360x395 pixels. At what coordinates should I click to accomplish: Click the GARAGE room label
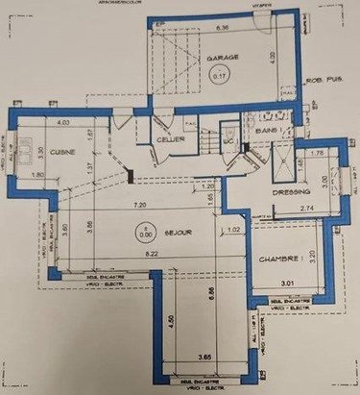click(223, 58)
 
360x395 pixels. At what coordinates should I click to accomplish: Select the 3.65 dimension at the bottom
click(204, 358)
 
